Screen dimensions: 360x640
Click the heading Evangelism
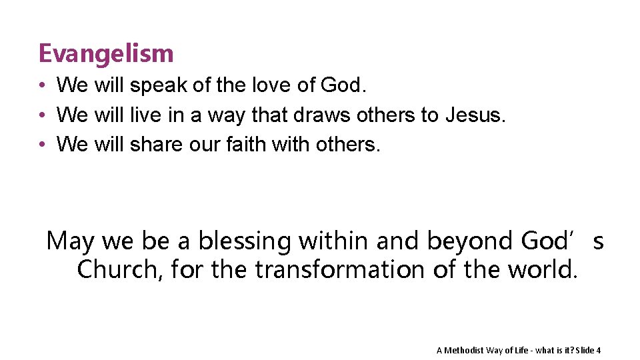tap(106, 53)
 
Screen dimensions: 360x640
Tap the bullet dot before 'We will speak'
tap(41, 86)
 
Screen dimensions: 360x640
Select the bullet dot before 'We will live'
tap(41, 115)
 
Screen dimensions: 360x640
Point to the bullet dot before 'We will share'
tap(41, 144)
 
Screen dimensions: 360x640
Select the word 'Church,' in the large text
tap(121, 270)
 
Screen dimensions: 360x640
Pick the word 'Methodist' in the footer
tap(464, 351)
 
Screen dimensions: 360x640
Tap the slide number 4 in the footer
tap(598, 351)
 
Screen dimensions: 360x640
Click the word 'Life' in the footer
tap(523, 351)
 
